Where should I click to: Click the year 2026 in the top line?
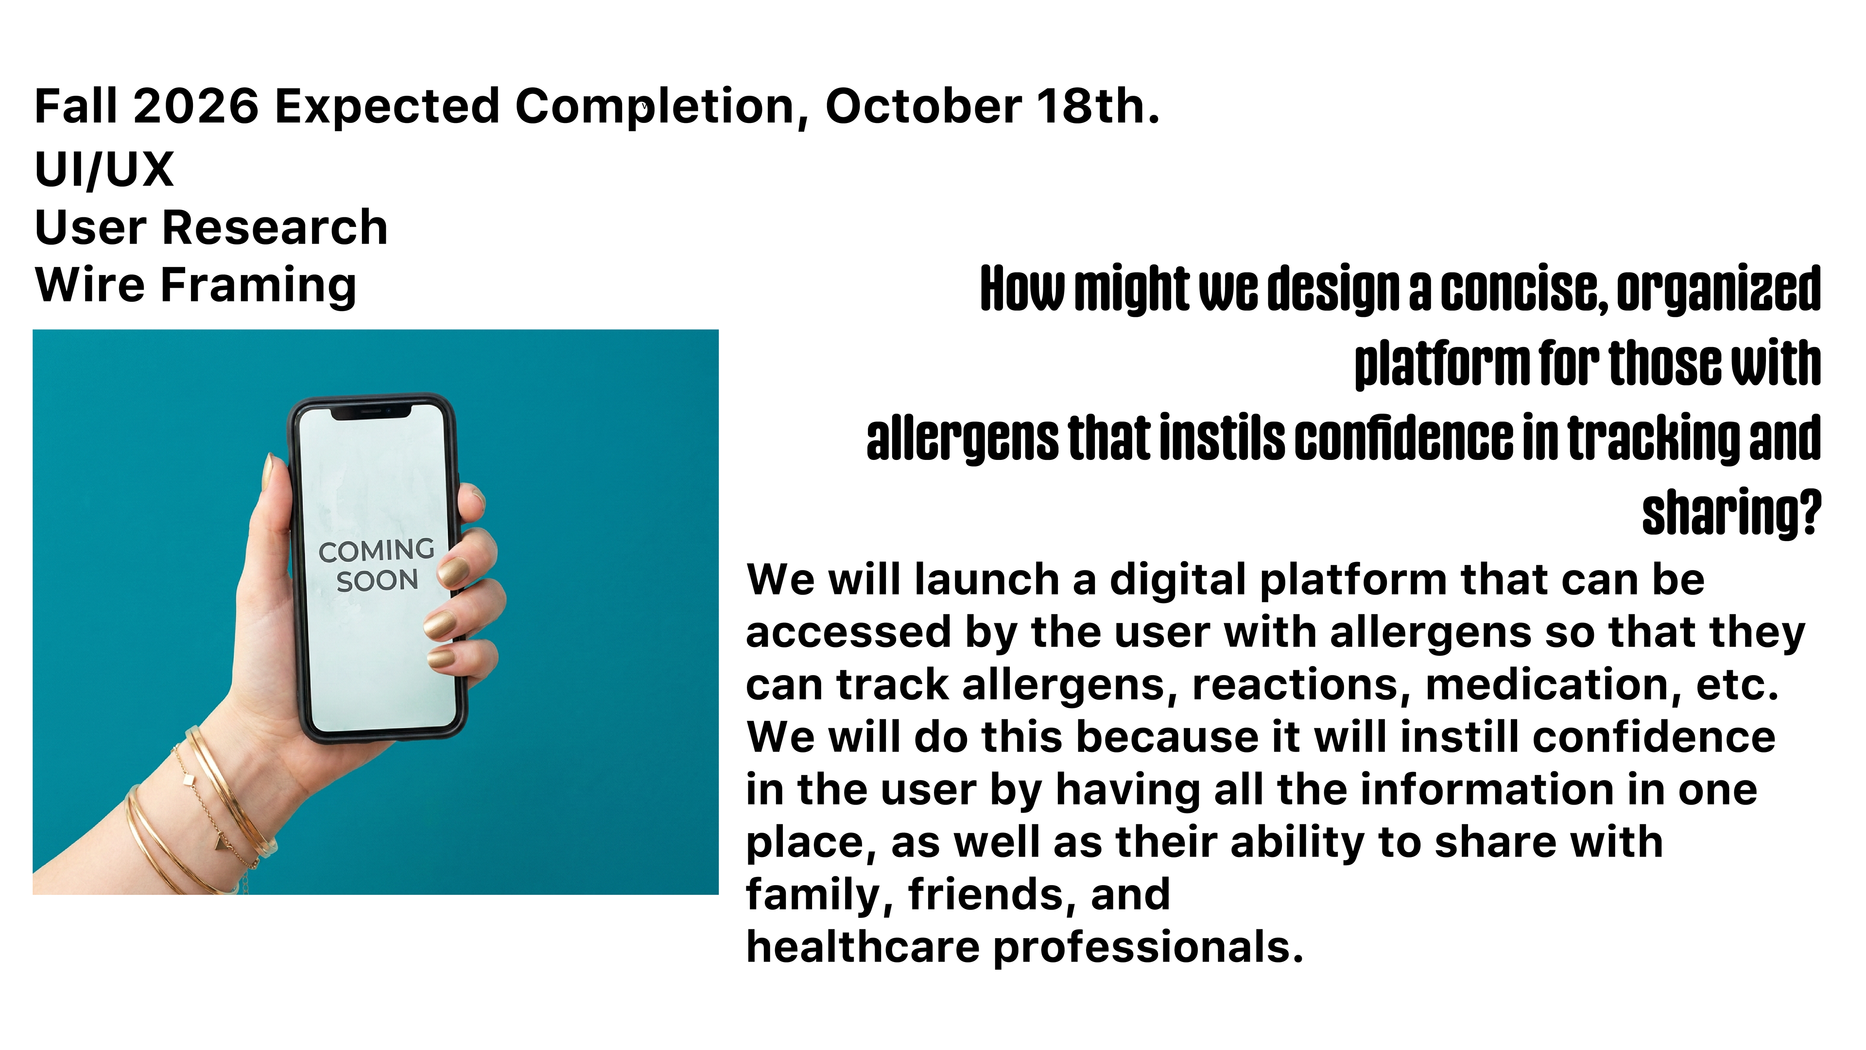pyautogui.click(x=195, y=106)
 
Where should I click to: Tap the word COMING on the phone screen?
pyautogui.click(x=377, y=551)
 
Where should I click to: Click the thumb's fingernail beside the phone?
pyautogui.click(x=268, y=471)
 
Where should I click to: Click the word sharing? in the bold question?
pyautogui.click(x=1731, y=513)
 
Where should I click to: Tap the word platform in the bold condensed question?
pyautogui.click(x=1441, y=364)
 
